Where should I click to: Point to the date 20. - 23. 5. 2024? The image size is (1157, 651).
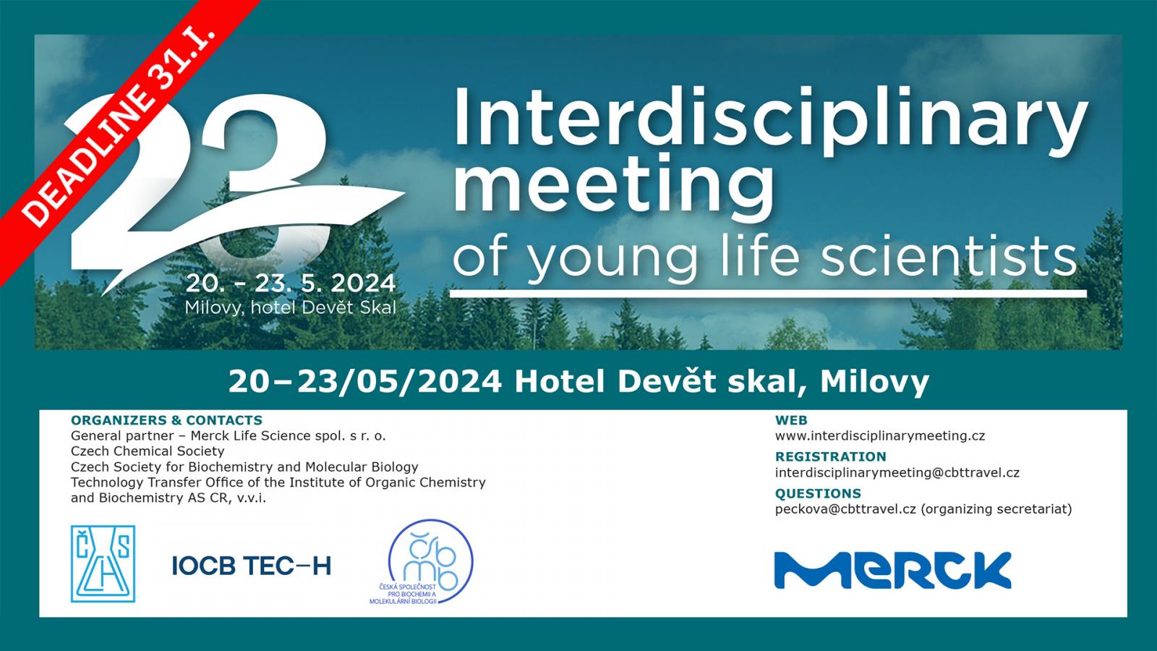tap(291, 284)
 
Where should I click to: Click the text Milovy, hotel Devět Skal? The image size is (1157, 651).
tap(291, 308)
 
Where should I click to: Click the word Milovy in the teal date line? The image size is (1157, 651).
tap(874, 383)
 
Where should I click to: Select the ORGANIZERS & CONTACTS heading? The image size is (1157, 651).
tap(166, 420)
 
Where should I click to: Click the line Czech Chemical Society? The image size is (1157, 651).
tap(148, 451)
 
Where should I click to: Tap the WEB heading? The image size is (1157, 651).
tap(791, 420)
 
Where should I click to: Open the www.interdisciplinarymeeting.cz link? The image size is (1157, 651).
tap(879, 436)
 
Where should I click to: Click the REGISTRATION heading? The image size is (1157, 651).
tap(831, 456)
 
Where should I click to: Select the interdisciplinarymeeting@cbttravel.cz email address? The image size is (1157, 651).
tap(897, 473)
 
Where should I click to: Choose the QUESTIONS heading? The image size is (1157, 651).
tap(818, 493)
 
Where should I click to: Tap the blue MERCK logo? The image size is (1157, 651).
tap(892, 570)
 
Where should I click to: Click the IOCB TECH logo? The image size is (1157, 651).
tap(251, 566)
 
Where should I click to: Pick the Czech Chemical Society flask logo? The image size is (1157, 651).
tap(103, 563)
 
